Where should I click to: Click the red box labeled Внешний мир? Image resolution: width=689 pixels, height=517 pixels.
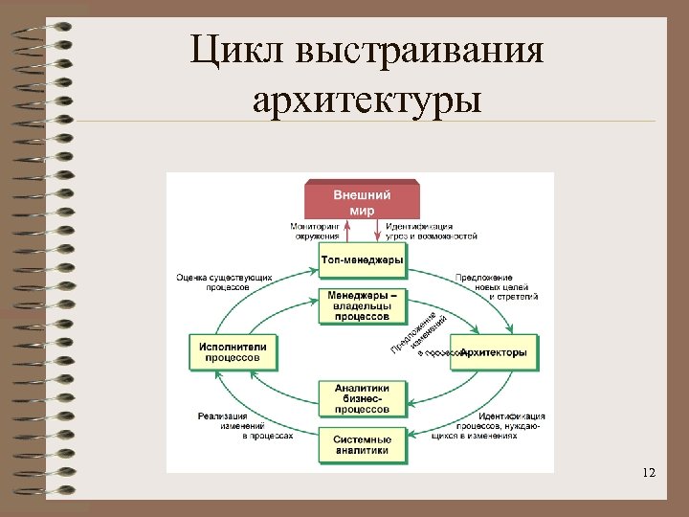click(x=362, y=201)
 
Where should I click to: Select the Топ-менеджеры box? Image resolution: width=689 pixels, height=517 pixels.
click(x=362, y=259)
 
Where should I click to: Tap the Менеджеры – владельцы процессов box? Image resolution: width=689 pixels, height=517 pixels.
click(x=362, y=305)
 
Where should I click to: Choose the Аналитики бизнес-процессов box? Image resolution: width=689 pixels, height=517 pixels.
click(x=362, y=398)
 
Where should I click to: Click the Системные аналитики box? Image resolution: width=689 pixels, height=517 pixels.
click(x=362, y=444)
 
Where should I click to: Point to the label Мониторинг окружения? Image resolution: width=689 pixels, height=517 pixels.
click(x=315, y=231)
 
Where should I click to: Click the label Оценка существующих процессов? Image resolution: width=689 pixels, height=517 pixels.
click(x=224, y=282)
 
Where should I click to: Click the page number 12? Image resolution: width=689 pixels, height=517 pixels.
click(x=650, y=473)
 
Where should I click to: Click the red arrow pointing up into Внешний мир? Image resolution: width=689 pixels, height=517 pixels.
click(x=348, y=230)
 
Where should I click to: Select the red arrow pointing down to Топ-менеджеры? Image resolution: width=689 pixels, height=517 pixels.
click(x=376, y=230)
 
